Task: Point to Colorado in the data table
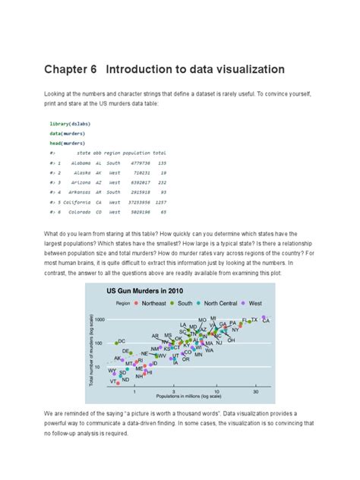[x=81, y=213]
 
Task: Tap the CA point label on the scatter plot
[x=266, y=321]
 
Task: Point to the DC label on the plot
[x=122, y=342]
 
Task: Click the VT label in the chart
[x=112, y=382]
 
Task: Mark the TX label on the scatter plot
[x=254, y=321]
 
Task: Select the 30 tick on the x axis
[x=256, y=392]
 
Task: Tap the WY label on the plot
[x=112, y=371]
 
